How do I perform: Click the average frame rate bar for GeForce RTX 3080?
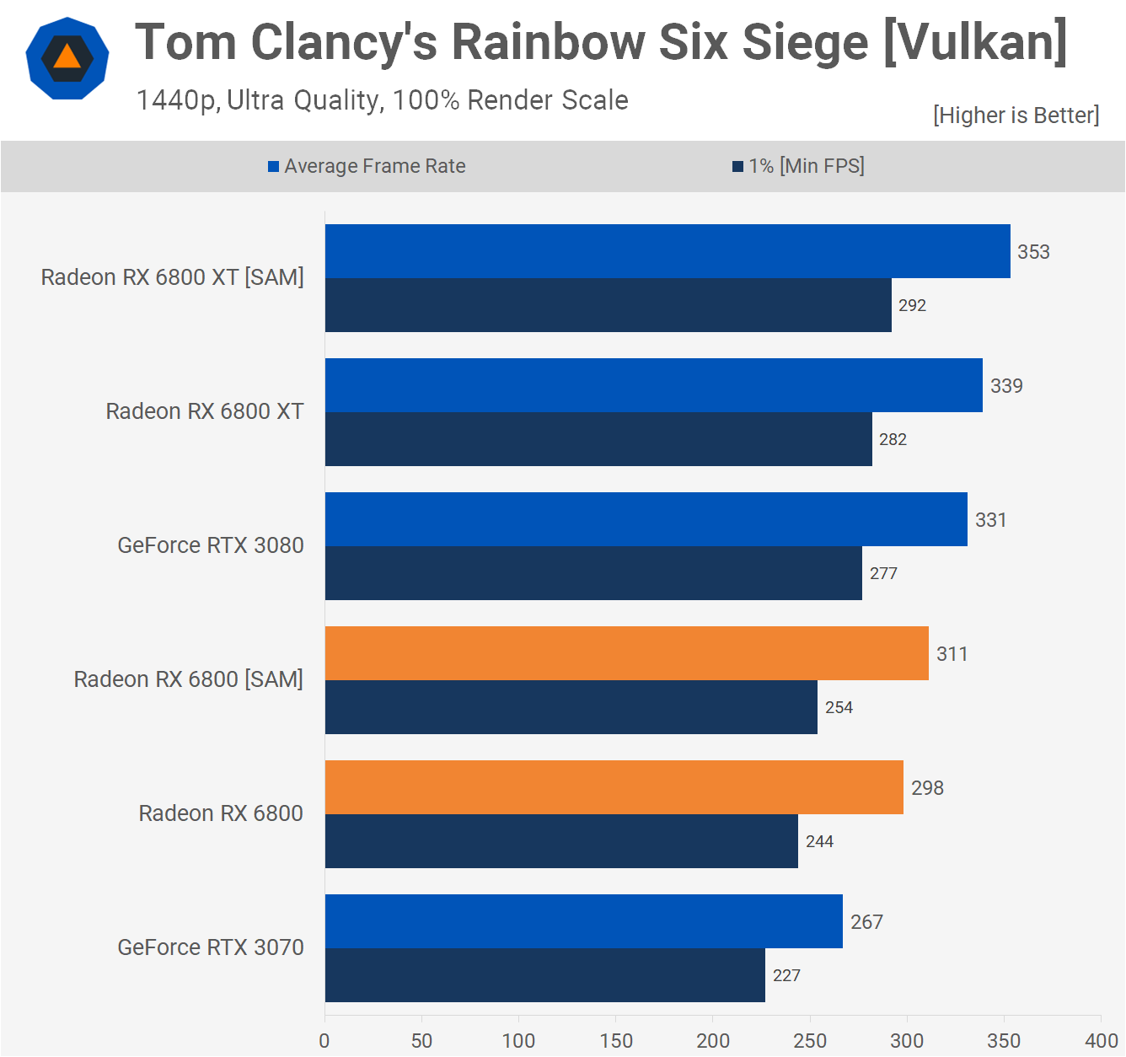tap(646, 519)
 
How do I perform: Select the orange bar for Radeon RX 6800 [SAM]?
tap(626, 653)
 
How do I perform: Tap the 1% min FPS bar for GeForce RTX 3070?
tap(544, 975)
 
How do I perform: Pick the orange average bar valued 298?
tap(614, 787)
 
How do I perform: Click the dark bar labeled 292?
tap(608, 305)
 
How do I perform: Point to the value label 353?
tap(1033, 252)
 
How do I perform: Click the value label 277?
tap(883, 573)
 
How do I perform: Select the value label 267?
tap(866, 922)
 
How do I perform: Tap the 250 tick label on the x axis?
tap(810, 1041)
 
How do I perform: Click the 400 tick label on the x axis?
tap(1101, 1041)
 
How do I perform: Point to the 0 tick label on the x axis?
tap(324, 1041)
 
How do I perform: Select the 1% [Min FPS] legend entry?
tap(798, 166)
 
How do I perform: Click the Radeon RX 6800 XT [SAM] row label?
tap(172, 277)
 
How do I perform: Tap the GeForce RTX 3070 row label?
tap(210, 947)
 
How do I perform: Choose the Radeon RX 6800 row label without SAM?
tap(220, 813)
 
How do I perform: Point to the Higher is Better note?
tap(1016, 115)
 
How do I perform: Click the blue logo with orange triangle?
tap(67, 58)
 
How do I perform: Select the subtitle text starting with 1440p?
tap(382, 100)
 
